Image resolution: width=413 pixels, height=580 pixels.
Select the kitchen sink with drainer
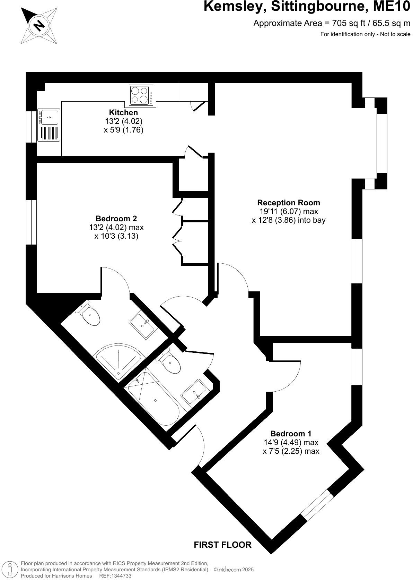(x=49, y=125)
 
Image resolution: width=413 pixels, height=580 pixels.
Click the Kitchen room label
(x=123, y=112)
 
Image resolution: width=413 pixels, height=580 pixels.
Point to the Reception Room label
(x=288, y=202)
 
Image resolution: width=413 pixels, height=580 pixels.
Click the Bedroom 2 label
(x=116, y=219)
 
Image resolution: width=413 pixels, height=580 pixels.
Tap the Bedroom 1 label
(x=291, y=433)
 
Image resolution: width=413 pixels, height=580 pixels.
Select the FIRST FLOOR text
(x=222, y=545)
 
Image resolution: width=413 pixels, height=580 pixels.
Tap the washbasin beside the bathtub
(x=195, y=392)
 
